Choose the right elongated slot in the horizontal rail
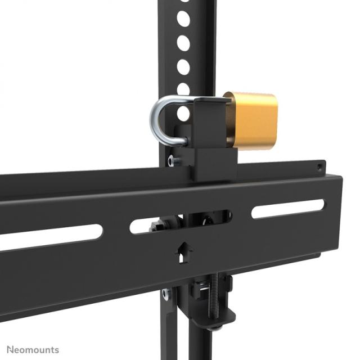[287, 209]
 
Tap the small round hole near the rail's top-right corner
[319, 167]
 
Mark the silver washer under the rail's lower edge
[166, 293]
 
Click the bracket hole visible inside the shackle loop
[183, 113]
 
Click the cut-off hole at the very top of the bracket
[183, 2]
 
